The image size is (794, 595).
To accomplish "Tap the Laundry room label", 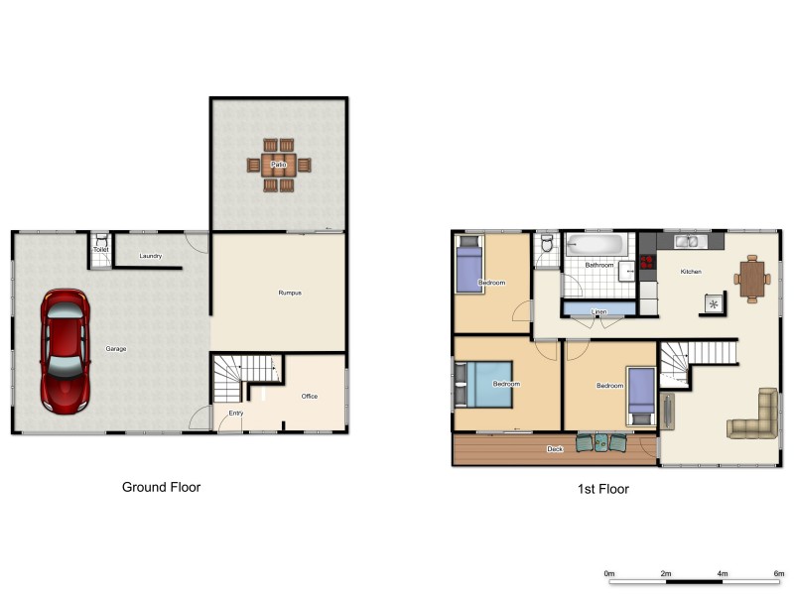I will [x=151, y=257].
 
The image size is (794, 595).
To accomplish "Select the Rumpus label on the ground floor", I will [x=289, y=293].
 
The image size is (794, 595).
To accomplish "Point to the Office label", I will [x=310, y=397].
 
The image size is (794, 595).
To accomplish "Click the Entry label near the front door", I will [x=236, y=413].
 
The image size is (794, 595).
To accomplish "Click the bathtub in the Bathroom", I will [x=595, y=244].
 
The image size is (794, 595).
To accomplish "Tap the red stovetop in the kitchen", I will [x=647, y=263].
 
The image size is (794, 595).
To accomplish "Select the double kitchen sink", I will [x=686, y=240].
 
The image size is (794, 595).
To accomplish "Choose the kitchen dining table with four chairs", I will [x=751, y=278].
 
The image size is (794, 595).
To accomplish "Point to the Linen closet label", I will [x=598, y=311].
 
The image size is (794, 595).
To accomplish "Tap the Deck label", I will [x=555, y=449].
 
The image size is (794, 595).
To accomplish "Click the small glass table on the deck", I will [x=600, y=444].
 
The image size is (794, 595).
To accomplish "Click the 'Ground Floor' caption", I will [x=161, y=487].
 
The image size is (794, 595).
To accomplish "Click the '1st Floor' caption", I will [x=602, y=489].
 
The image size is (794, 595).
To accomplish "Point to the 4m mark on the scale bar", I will [x=723, y=573].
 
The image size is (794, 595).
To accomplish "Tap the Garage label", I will [x=116, y=348].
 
